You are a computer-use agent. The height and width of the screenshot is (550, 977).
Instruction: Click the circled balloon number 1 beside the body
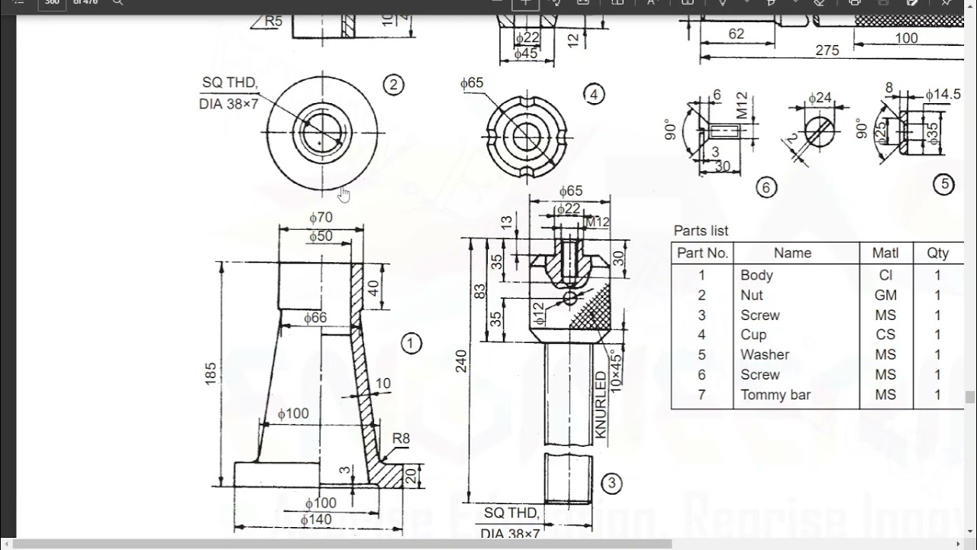tap(411, 344)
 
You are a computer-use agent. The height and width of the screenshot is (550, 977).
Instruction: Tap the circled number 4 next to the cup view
tap(594, 94)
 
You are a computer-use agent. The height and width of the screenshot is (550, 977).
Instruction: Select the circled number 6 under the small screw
tap(766, 187)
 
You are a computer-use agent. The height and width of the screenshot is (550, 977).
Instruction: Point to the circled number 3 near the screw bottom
tap(611, 483)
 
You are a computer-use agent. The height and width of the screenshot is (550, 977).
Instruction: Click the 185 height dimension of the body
tap(211, 373)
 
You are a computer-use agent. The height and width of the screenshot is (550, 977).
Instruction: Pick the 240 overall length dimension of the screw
tap(461, 366)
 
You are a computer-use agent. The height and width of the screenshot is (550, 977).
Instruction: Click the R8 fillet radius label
tap(401, 438)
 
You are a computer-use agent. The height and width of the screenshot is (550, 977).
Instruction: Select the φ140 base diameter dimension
tap(316, 519)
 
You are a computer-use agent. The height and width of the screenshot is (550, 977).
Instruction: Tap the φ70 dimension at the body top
tap(321, 218)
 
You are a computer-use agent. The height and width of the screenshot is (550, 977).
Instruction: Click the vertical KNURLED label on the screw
tap(600, 405)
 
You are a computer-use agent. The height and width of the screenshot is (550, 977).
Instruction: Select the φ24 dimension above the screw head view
tap(819, 98)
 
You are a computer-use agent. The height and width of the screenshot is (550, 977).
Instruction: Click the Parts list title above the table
tap(701, 231)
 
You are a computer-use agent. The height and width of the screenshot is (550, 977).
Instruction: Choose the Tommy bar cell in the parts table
tap(775, 395)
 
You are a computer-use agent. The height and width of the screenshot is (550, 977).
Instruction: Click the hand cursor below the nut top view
tap(344, 196)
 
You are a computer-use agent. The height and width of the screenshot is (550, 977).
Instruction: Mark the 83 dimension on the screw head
tap(479, 290)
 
